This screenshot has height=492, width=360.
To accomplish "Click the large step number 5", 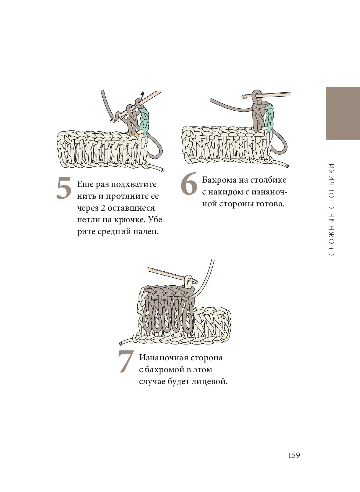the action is coord(64,188).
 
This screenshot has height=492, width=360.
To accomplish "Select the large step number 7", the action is coord(126,361).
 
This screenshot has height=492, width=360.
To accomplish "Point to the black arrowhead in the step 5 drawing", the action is coord(143,93).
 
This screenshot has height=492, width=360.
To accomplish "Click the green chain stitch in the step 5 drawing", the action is coord(144,122).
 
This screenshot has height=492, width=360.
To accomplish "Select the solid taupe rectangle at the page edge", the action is coord(343,113).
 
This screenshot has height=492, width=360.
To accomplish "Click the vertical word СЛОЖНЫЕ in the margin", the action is coord(332,234).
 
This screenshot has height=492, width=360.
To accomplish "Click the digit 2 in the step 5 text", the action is coord(103,208).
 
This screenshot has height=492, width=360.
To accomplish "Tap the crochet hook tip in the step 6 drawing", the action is coord(244,96).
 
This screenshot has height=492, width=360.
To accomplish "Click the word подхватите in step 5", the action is coord(134,184).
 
